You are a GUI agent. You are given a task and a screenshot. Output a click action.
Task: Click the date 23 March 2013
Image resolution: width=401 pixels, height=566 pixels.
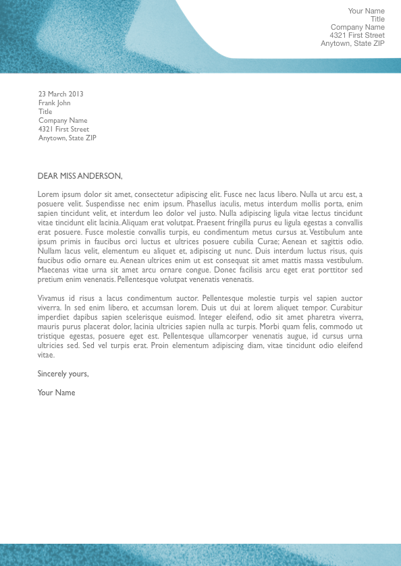[x=61, y=94]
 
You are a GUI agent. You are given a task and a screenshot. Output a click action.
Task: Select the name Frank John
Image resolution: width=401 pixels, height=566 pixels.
[x=54, y=103]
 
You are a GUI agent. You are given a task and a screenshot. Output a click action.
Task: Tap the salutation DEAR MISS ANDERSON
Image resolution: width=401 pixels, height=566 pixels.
[x=80, y=176]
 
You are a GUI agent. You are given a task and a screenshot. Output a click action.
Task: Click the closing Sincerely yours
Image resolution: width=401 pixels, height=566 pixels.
[x=63, y=374]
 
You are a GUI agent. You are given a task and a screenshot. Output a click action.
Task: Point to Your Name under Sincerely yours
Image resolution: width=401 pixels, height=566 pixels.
[x=56, y=393]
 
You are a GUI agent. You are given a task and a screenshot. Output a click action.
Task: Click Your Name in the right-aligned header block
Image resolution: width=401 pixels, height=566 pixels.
[x=366, y=11]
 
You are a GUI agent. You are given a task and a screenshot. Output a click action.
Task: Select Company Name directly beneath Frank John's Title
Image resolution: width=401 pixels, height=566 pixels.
[x=63, y=121]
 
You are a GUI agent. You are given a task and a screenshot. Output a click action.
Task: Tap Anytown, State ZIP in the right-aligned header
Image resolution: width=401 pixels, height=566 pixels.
[x=352, y=43]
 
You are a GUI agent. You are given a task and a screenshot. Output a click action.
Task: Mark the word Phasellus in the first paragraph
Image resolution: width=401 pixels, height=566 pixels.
[x=204, y=204]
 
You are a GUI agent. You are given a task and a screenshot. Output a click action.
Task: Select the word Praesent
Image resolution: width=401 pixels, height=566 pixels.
[x=211, y=223]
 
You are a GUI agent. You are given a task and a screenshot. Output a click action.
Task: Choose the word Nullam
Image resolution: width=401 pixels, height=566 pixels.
[x=50, y=251]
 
